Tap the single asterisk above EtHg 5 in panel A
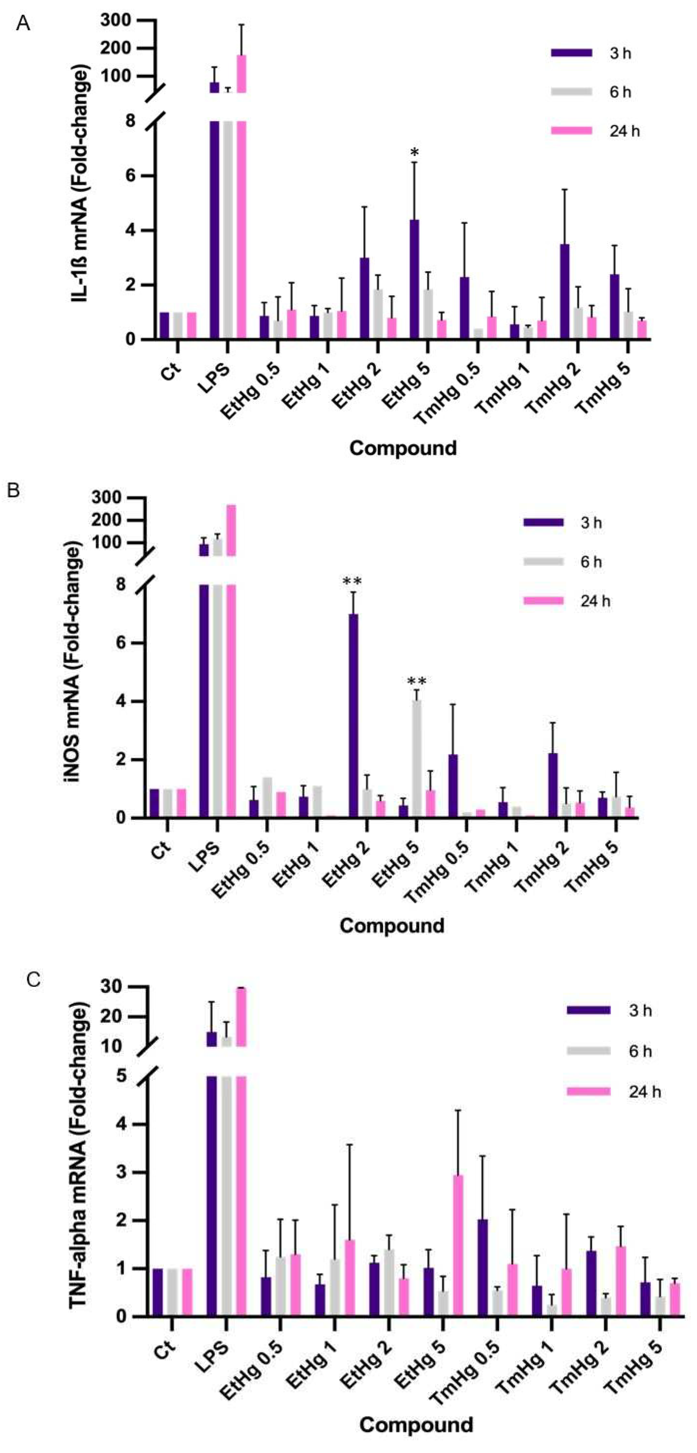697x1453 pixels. [x=415, y=152]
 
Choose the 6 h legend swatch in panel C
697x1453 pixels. [x=588, y=1050]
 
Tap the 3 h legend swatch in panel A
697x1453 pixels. [x=571, y=53]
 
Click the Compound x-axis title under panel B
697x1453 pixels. [x=392, y=926]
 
